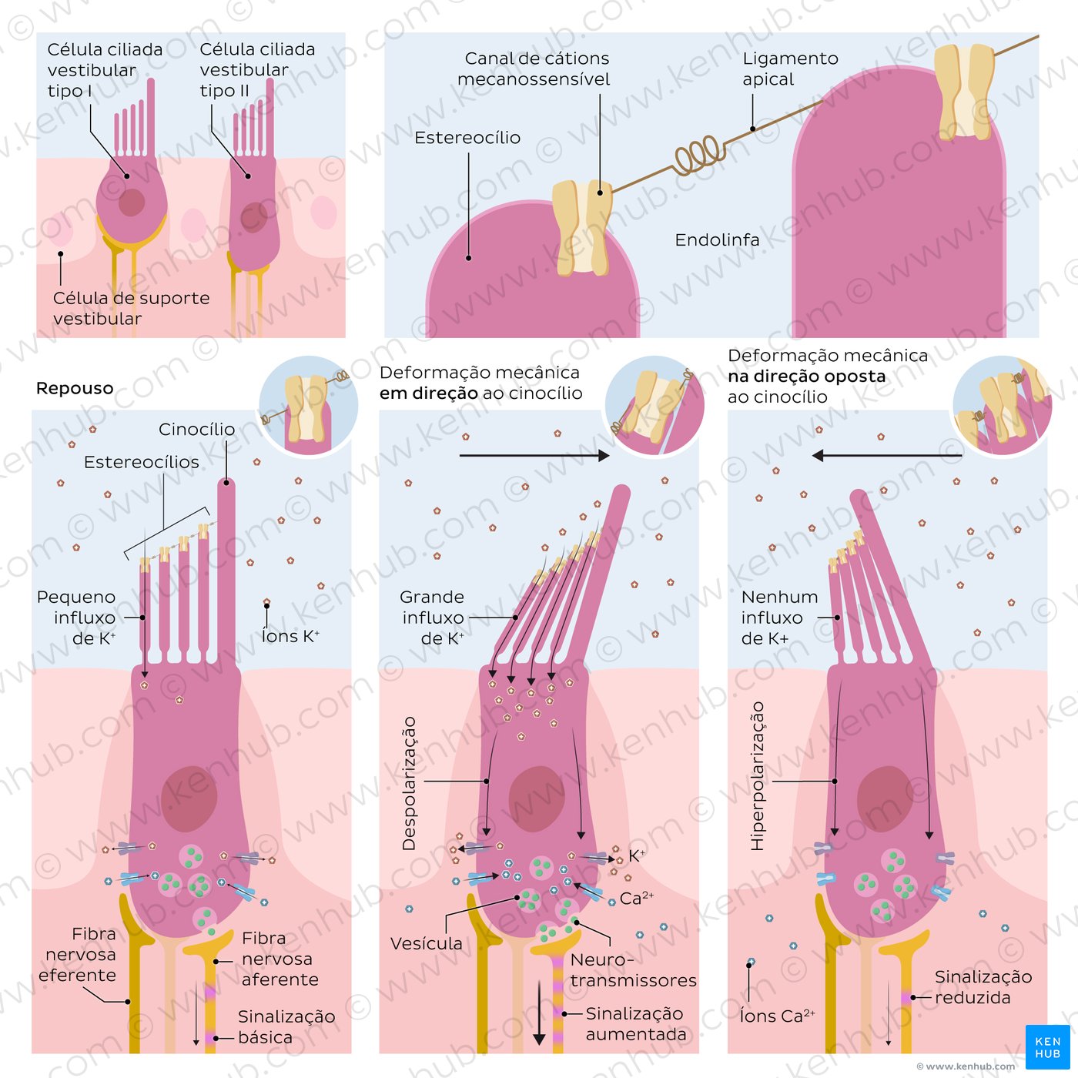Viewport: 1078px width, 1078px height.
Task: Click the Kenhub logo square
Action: coord(1047,1046)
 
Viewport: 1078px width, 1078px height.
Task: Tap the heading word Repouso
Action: coord(75,389)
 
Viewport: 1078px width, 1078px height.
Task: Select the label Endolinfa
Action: coord(717,240)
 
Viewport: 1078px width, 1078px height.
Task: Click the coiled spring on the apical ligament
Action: coord(699,154)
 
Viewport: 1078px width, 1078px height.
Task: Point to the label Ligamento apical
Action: coord(790,69)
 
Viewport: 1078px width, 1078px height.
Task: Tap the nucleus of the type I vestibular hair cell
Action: coord(132,203)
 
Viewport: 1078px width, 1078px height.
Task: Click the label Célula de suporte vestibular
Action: coord(131,308)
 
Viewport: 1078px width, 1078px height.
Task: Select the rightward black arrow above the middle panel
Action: coord(534,456)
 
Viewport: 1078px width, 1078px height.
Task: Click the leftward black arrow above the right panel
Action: coord(886,456)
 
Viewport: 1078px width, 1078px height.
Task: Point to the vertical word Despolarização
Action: coord(409,783)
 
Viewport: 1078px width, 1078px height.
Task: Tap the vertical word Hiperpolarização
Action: coord(758,775)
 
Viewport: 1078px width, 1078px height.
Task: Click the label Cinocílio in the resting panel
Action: coord(196,430)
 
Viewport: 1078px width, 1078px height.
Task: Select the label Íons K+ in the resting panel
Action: coord(290,636)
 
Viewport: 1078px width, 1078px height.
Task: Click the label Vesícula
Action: coord(426,944)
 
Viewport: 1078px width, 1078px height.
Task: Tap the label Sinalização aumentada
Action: coord(634,1024)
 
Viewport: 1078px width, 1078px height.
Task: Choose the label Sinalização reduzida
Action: coord(983,987)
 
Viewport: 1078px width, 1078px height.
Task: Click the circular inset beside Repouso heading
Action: coord(308,405)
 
